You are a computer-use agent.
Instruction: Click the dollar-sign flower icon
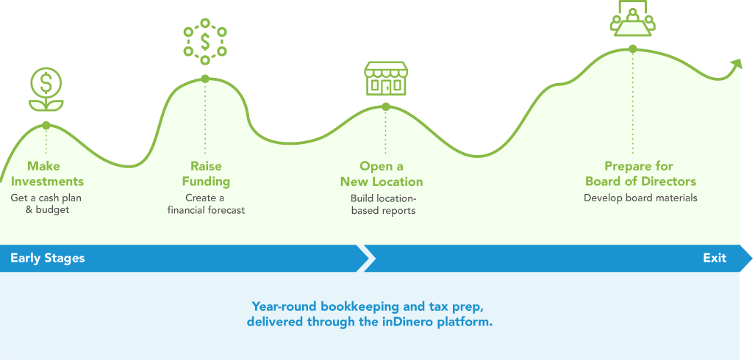[x=46, y=90]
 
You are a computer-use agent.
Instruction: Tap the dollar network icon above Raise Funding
[x=205, y=42]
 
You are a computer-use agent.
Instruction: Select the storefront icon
[x=386, y=78]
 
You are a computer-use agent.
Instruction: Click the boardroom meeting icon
[x=633, y=18]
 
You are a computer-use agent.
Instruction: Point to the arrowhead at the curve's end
[x=736, y=64]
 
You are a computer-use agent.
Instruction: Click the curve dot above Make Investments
[x=46, y=125]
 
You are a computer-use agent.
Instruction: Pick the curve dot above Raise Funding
[x=205, y=79]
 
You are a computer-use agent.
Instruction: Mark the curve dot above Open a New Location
[x=386, y=107]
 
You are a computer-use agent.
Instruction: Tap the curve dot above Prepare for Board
[x=633, y=48]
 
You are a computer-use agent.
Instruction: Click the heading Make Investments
[x=47, y=173]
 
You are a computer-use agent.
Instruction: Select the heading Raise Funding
[x=206, y=173]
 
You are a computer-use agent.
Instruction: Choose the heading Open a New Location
[x=382, y=173]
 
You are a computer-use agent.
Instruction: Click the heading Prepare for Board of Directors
[x=641, y=173]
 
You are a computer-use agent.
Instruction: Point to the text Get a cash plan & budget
[x=47, y=204]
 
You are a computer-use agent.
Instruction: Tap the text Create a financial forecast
[x=206, y=204]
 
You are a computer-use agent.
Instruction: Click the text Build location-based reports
[x=383, y=204]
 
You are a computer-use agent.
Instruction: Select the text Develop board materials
[x=640, y=198]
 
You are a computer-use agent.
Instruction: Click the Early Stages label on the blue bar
[x=48, y=258]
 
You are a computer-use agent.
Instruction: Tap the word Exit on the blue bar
[x=715, y=258]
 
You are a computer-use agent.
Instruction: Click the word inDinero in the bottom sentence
[x=402, y=322]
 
